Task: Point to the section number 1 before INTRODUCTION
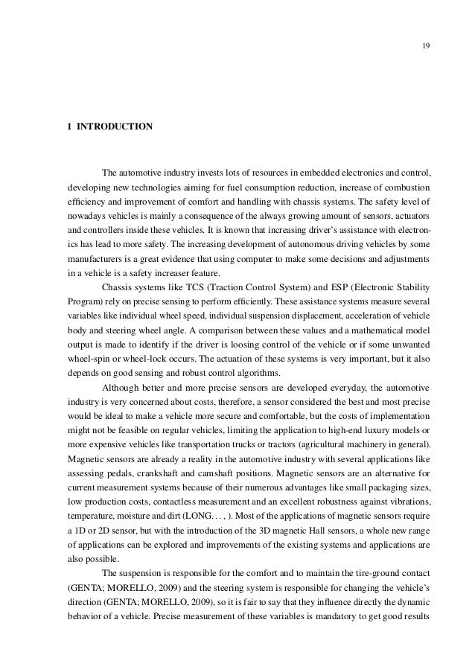point(69,127)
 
